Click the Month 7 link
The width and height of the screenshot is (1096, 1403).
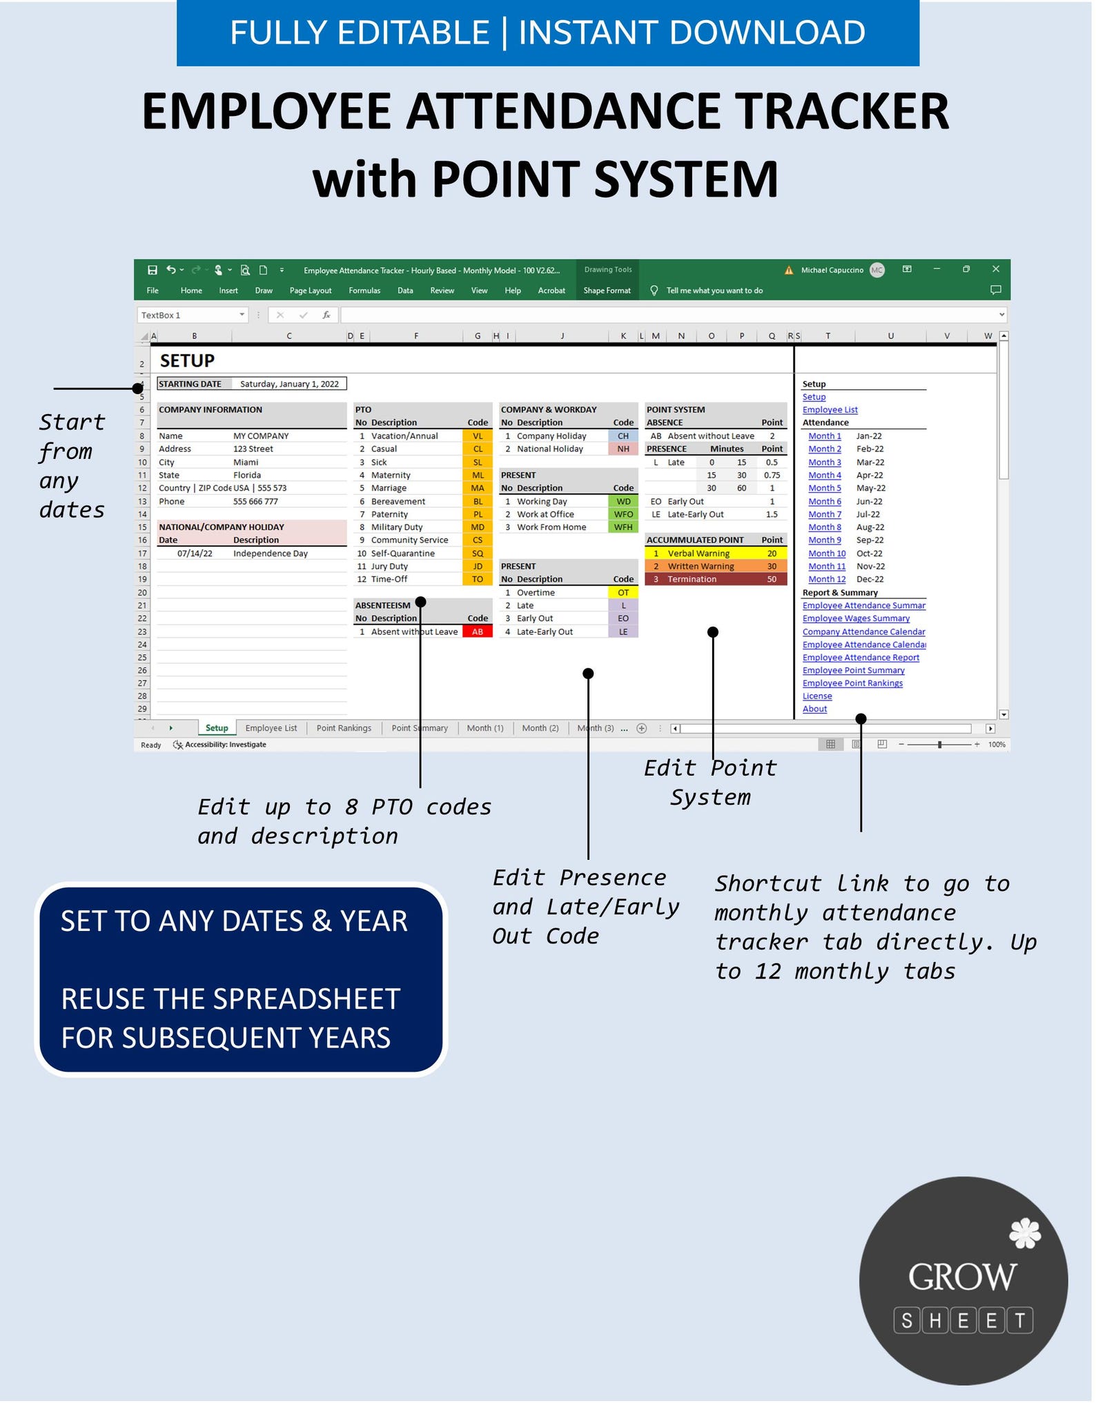[824, 514]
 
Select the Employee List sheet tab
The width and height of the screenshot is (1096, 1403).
[271, 728]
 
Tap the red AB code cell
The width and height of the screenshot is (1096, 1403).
[477, 631]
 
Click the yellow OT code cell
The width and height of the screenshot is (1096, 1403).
[623, 592]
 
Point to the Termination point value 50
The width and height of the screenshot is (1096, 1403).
[771, 579]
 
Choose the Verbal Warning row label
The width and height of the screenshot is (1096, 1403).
[698, 553]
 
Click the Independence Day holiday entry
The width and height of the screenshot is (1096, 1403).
[270, 553]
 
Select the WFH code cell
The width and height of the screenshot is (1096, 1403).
[623, 527]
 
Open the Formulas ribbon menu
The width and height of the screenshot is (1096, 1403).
[364, 291]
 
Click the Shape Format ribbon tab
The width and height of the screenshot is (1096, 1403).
[607, 291]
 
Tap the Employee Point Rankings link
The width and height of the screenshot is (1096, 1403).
[852, 683]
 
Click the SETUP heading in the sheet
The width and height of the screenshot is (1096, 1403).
[187, 361]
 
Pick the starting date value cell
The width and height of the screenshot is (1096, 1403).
[288, 384]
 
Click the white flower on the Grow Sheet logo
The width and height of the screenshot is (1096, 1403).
[1024, 1233]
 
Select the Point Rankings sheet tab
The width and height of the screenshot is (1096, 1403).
[343, 728]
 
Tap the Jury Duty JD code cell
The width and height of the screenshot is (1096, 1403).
[477, 567]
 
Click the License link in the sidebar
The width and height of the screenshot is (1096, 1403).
[816, 696]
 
